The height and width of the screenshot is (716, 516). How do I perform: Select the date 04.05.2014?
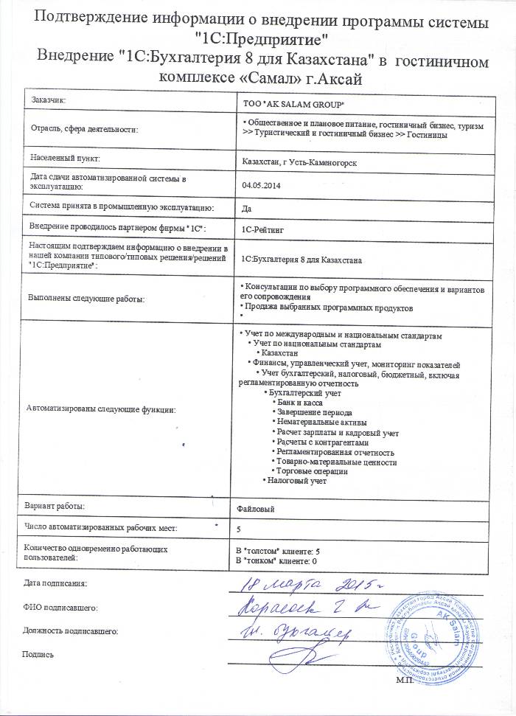click(x=261, y=184)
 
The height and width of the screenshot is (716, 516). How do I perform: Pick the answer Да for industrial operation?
click(x=247, y=207)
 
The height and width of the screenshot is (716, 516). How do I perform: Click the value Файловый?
click(x=257, y=508)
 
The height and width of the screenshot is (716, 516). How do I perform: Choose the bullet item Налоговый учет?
click(x=296, y=480)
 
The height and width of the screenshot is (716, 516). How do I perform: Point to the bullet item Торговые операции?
click(x=313, y=470)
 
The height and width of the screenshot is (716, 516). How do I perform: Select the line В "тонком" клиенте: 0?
click(x=276, y=561)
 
